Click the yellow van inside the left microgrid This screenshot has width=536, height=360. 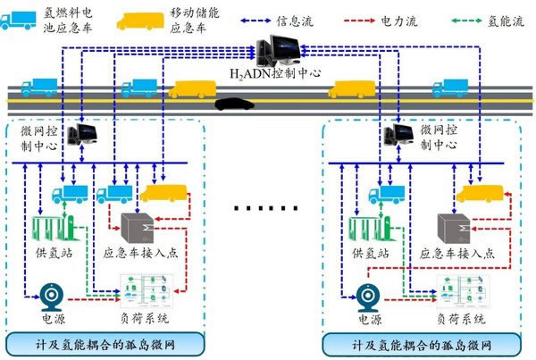[x=161, y=190]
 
